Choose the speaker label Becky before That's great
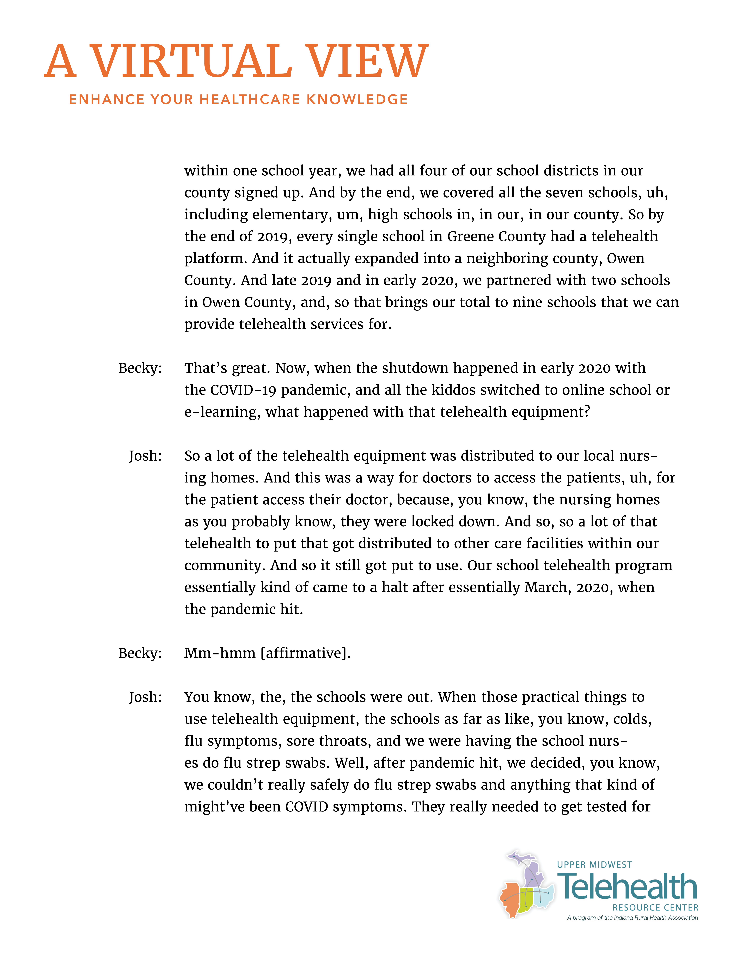pyautogui.click(x=140, y=368)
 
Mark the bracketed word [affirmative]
pyautogui.click(x=305, y=653)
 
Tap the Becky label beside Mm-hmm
pyautogui.click(x=140, y=653)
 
